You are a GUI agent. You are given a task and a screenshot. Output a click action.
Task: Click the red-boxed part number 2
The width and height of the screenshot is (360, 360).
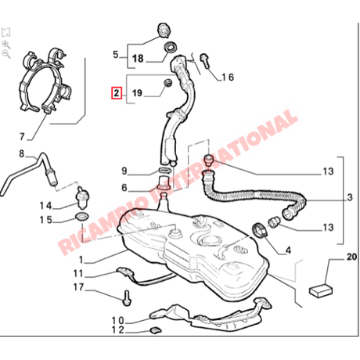117,93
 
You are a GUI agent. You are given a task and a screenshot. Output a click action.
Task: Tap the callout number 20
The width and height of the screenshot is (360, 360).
351,257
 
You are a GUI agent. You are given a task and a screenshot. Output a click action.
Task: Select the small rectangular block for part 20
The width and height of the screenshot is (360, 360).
321,290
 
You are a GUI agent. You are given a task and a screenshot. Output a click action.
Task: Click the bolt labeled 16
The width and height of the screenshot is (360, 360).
204,60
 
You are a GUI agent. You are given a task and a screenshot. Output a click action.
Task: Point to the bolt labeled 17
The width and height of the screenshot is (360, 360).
127,298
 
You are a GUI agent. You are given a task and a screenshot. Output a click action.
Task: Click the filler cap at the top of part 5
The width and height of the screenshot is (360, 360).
164,30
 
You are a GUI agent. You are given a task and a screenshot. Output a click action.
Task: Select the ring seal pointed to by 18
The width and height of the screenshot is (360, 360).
171,47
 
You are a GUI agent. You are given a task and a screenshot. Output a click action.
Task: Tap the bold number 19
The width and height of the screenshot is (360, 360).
137,93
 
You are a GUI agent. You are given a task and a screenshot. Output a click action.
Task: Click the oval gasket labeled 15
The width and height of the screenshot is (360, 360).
81,216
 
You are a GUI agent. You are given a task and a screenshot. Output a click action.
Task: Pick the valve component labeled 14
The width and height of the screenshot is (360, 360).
82,198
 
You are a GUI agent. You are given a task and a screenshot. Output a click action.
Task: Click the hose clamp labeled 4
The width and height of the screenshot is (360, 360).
260,230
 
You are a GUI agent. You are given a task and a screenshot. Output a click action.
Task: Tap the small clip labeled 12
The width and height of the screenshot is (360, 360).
155,330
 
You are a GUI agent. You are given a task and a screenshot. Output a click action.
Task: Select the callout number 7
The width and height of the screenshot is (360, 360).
22,136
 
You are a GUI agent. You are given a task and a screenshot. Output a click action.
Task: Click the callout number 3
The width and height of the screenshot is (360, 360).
350,197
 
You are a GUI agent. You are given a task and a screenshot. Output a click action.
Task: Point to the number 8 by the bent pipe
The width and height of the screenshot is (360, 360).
22,153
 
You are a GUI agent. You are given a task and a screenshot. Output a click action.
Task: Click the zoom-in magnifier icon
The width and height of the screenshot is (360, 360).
5,45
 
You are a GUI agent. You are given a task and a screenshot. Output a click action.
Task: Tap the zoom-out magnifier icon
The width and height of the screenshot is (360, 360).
5,55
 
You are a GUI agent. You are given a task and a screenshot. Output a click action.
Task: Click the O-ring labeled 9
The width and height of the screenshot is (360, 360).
164,171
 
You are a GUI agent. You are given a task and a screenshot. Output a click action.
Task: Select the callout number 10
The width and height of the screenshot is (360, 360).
118,321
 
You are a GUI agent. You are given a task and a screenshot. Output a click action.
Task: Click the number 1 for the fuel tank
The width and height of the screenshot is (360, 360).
81,260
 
